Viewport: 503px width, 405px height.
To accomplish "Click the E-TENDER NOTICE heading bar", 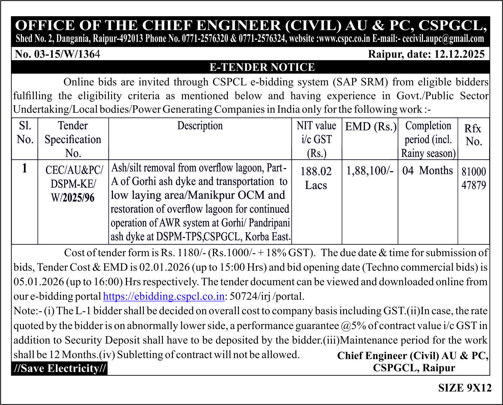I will (x=262, y=67).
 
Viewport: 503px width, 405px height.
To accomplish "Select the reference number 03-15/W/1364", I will (x=58, y=54).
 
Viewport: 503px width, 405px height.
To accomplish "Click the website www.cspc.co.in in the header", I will (x=344, y=38).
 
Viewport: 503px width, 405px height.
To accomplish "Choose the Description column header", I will (x=200, y=126).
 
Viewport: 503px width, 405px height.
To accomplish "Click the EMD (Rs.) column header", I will (x=370, y=127).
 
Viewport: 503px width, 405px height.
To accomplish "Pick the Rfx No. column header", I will (x=473, y=135).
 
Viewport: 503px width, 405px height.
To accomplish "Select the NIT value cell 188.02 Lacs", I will (x=316, y=178).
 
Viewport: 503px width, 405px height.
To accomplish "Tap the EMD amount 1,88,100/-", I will (x=370, y=171).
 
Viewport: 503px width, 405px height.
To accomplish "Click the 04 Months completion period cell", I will (x=427, y=170).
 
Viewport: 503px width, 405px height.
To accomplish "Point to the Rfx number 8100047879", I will (x=474, y=178).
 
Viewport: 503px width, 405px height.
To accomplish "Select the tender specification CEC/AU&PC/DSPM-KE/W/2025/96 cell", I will (x=73, y=184).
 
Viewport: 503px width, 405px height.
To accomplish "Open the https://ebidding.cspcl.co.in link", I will (x=164, y=296).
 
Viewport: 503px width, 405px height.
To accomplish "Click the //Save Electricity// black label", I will (x=60, y=368).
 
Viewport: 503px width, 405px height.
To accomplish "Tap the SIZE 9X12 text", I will (x=465, y=388).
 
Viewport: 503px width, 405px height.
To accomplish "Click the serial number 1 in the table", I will (x=24, y=168).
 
